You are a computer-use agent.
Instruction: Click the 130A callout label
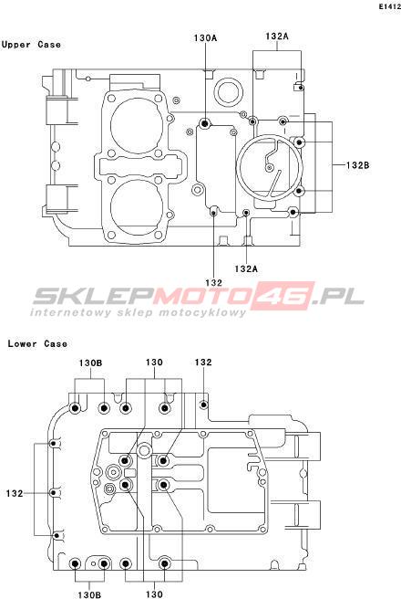[205, 37]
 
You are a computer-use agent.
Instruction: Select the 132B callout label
[358, 165]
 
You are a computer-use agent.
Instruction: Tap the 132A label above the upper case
[277, 36]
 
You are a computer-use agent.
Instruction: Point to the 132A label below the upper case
[246, 268]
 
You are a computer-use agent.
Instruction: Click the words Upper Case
[31, 45]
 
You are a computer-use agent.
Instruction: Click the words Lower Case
[37, 343]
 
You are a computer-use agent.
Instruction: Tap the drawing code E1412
[389, 7]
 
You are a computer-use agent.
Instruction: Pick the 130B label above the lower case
[90, 363]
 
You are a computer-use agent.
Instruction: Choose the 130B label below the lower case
[89, 594]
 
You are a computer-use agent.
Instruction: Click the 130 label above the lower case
[154, 363]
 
